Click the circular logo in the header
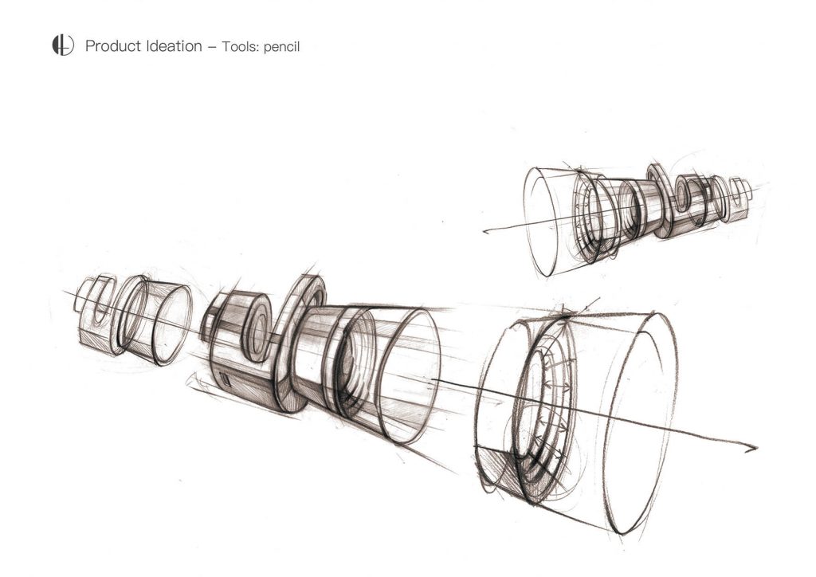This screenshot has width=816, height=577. tap(63, 45)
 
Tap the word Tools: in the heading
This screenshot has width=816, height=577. tap(241, 46)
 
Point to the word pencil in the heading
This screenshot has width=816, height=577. tap(281, 47)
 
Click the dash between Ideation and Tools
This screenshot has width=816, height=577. tap(212, 47)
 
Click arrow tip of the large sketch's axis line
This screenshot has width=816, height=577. tap(755, 447)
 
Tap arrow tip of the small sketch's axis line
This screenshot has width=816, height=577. tap(485, 232)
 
